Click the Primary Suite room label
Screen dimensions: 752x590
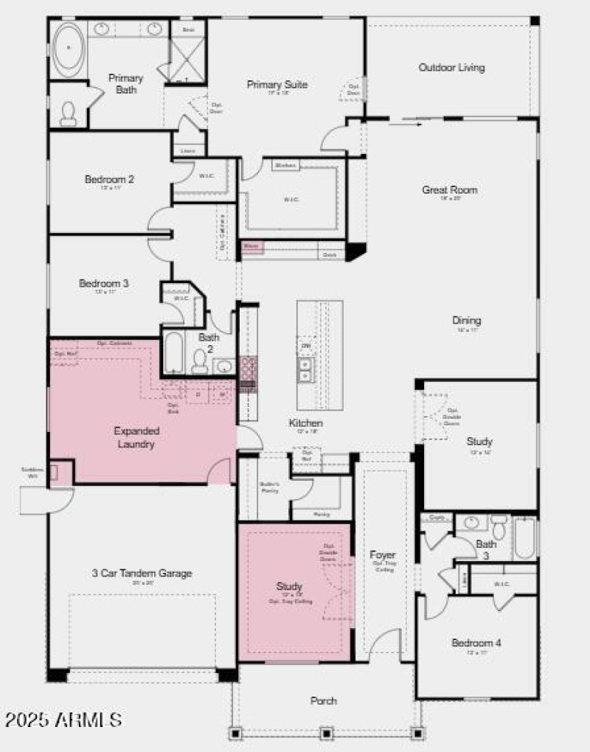click(277, 85)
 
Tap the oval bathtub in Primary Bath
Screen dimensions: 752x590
click(68, 46)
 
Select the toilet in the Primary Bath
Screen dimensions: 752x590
click(69, 112)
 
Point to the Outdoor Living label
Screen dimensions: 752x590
click(451, 68)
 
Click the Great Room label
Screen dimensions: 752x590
click(449, 190)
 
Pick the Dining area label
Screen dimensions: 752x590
click(467, 321)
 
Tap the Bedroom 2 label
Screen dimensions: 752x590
click(109, 179)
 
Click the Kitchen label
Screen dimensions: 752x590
click(305, 423)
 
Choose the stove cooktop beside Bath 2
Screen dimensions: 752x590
click(248, 367)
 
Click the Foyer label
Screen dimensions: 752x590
click(383, 555)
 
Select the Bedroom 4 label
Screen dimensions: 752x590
click(476, 643)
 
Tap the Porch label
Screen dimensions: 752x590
click(324, 700)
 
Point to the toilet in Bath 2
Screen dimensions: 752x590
click(199, 361)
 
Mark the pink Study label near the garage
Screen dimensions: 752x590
click(290, 587)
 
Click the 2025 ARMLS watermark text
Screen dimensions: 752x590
click(63, 719)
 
